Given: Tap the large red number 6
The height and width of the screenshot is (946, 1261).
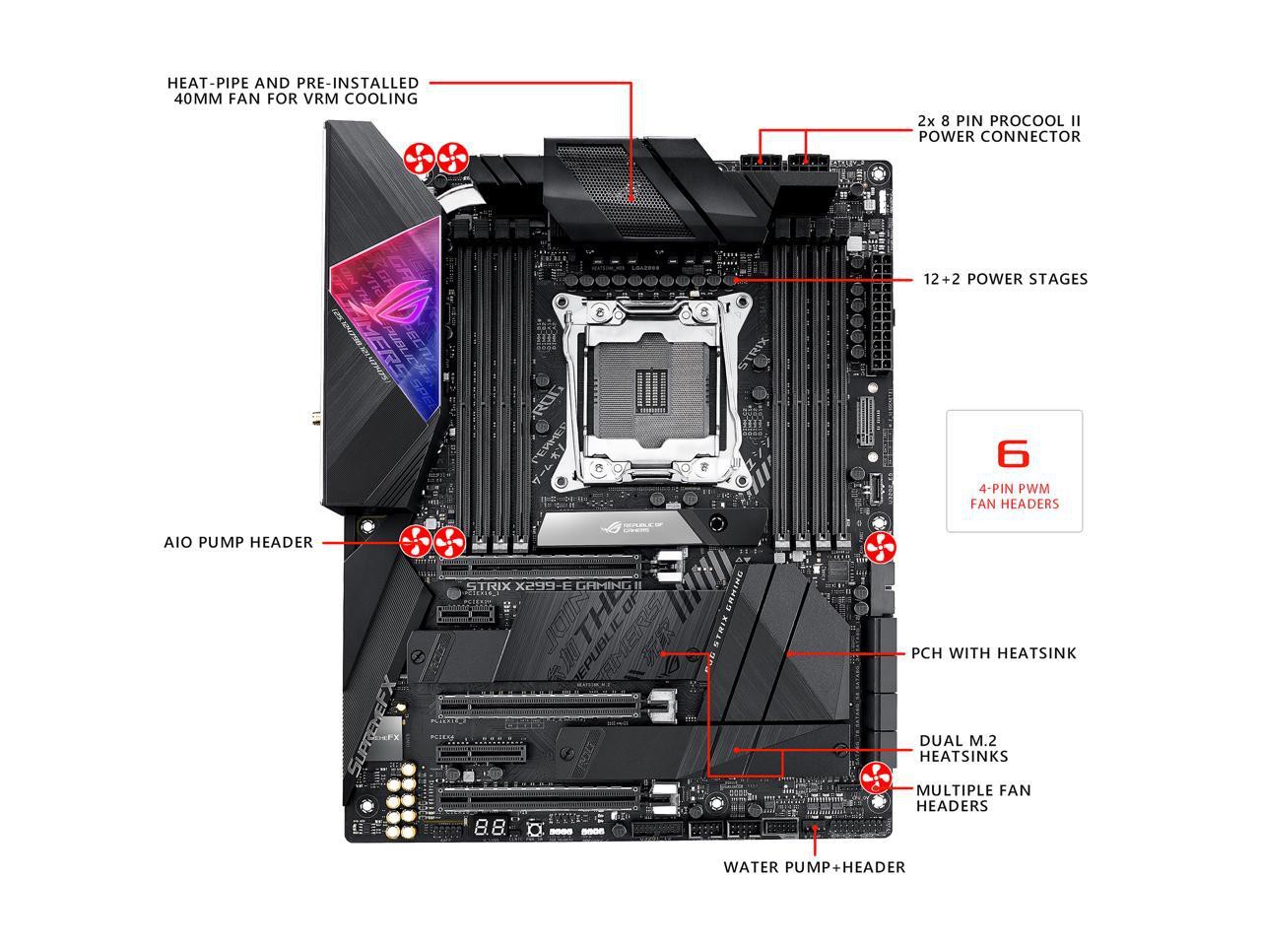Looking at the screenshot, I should (x=1013, y=453).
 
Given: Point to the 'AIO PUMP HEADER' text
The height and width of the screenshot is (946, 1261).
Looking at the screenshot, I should (x=238, y=542).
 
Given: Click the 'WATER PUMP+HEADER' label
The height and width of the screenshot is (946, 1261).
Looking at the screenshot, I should (x=814, y=867).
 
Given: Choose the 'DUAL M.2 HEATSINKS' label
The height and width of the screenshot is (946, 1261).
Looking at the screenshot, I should (x=963, y=748).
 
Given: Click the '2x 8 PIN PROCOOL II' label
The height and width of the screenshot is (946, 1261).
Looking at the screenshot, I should (x=999, y=128).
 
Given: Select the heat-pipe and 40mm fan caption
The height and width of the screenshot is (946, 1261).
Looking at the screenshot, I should (x=293, y=91).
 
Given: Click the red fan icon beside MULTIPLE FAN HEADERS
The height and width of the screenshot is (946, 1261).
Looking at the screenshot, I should (x=875, y=777).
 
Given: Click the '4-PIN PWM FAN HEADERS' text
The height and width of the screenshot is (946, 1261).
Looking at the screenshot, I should (x=1014, y=496).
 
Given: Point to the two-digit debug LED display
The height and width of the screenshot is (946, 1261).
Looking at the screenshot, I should (x=490, y=828).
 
